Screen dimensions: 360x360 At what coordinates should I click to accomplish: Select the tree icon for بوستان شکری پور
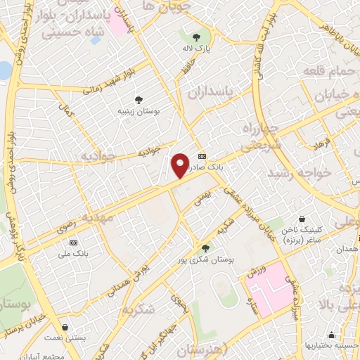[x=205, y=247]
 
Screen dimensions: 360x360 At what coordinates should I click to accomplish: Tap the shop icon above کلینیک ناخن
[x=302, y=219]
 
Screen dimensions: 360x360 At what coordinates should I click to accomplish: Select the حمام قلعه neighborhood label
[x=326, y=72]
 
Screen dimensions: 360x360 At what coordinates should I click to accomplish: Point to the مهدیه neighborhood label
[x=96, y=218]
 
